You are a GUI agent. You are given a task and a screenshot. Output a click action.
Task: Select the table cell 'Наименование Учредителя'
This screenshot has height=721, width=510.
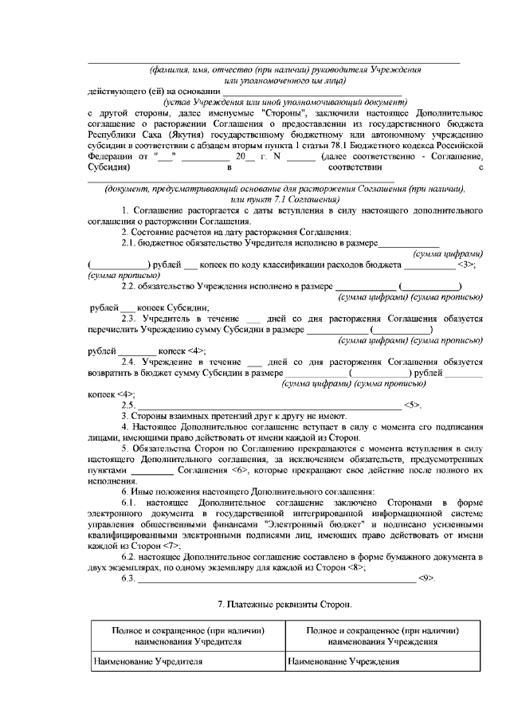pos(147,661)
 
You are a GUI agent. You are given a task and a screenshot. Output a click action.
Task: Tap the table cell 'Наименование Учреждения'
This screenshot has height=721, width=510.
pos(343,661)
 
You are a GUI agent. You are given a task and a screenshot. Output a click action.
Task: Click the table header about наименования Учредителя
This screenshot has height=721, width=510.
pos(187,635)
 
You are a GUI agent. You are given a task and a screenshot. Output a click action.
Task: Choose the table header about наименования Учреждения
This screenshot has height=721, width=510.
pos(382,635)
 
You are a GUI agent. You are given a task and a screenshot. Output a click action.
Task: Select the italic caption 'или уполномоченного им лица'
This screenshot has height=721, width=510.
pos(284,80)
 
